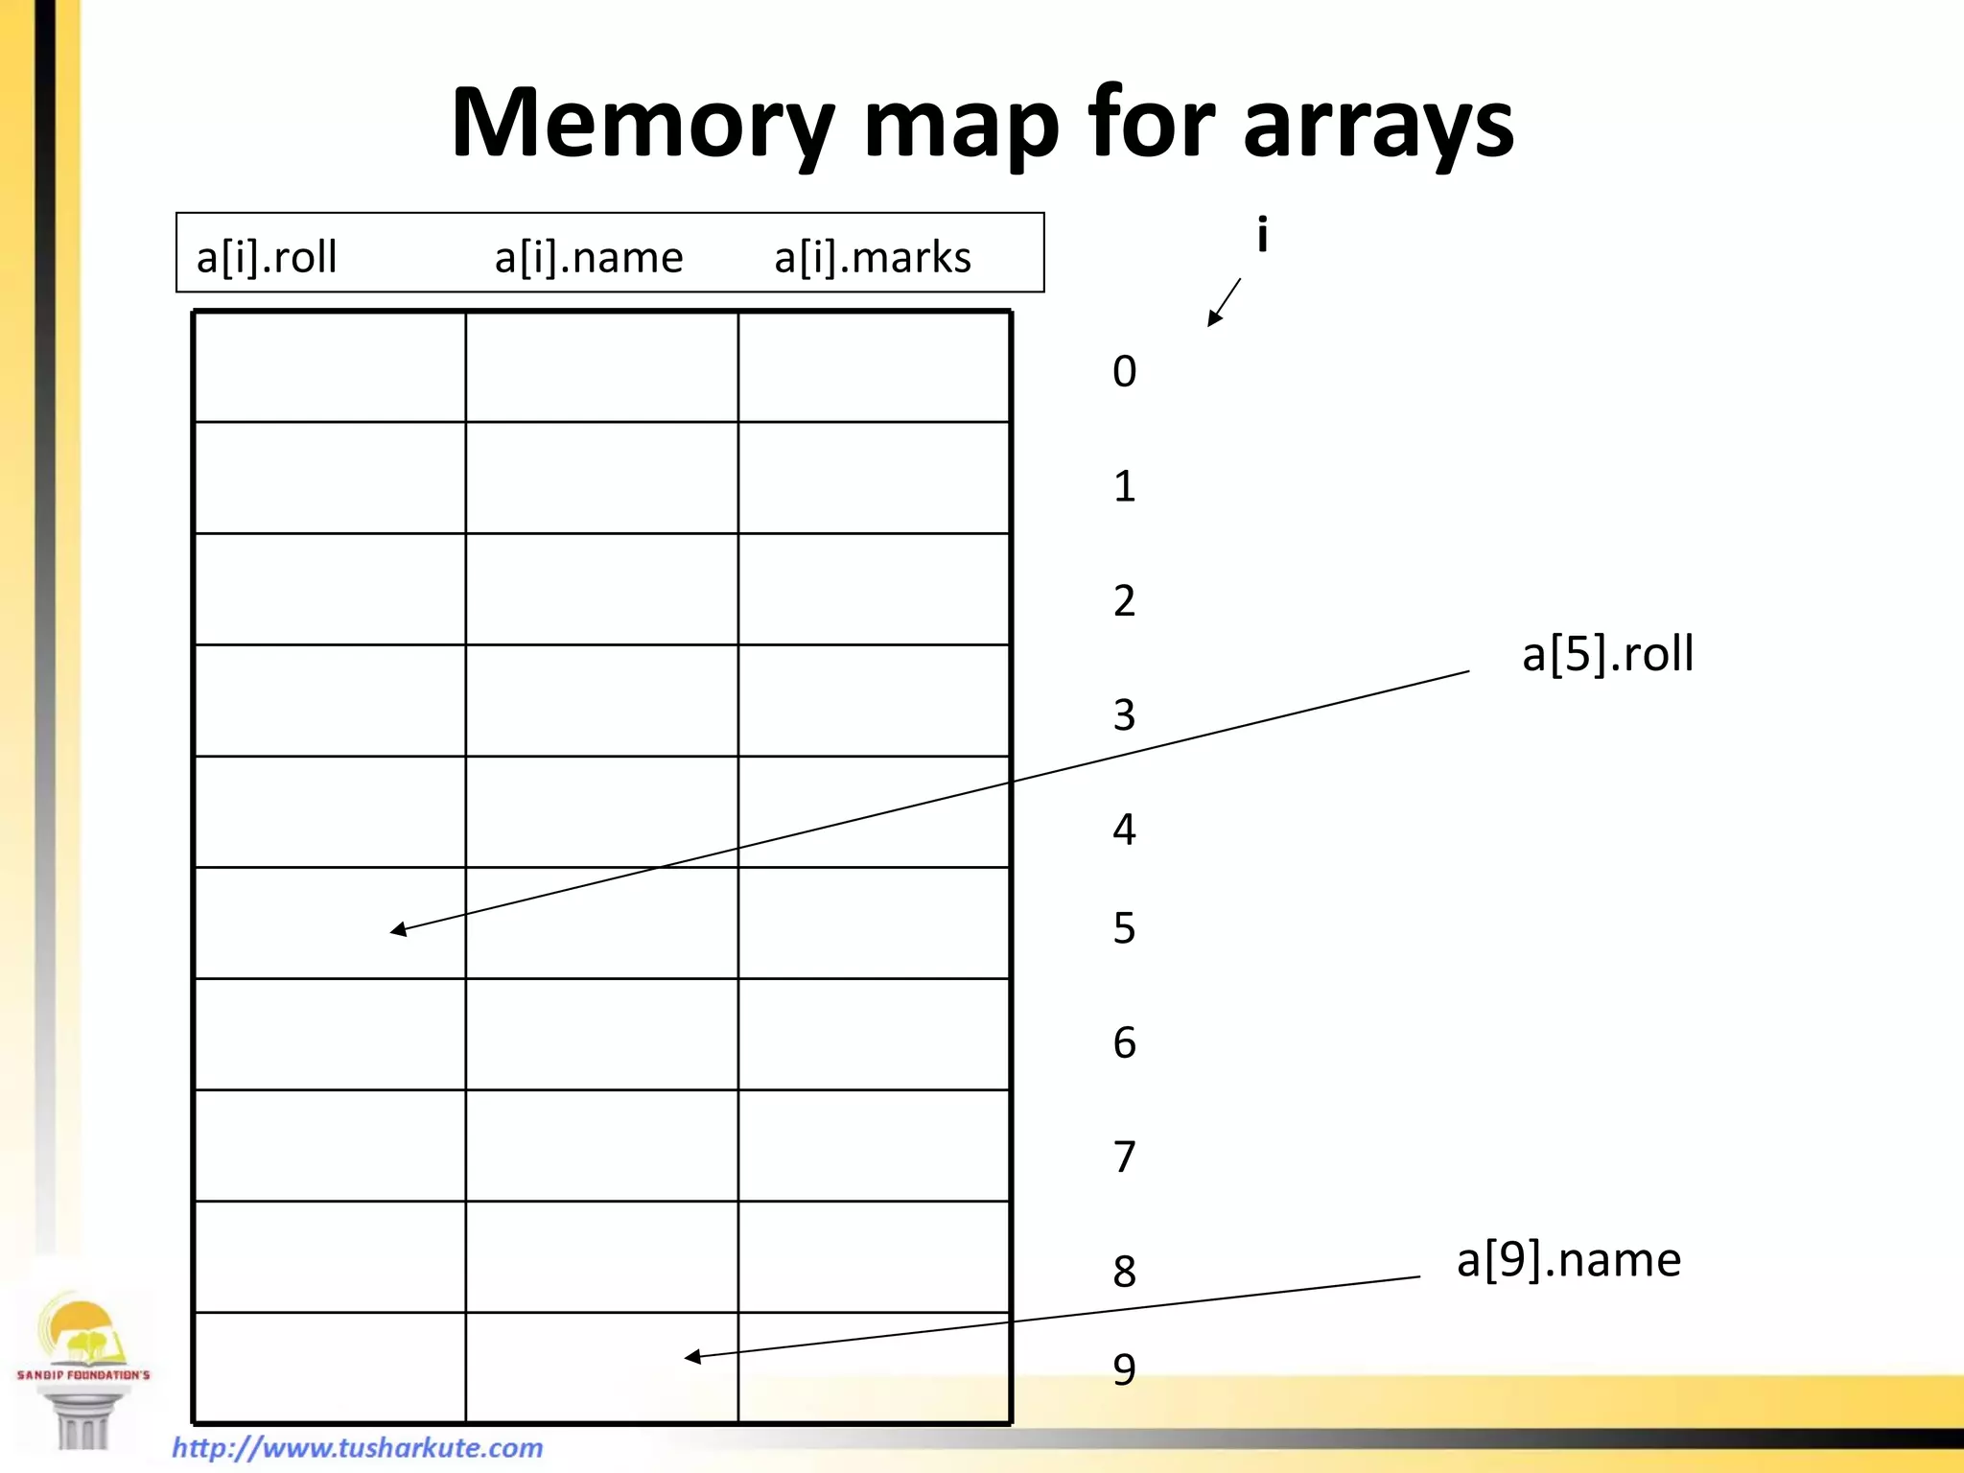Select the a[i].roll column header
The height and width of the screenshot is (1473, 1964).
267,257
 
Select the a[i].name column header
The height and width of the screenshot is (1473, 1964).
588,257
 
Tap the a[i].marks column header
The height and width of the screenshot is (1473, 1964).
873,257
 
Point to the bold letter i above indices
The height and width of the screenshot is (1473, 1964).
1262,234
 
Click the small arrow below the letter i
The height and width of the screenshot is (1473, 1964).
1224,303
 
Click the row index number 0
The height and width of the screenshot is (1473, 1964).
1124,372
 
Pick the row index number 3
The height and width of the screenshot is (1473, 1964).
1124,715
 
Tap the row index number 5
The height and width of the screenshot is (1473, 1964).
1124,928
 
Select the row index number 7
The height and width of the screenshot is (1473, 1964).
1124,1157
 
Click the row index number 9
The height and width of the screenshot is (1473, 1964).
1124,1369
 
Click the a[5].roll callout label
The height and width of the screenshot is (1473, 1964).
1607,654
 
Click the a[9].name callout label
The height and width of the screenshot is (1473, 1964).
1568,1259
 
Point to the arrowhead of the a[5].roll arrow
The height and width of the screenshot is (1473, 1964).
398,929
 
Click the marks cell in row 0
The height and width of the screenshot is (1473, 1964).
874,366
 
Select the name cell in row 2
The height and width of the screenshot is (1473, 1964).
601,589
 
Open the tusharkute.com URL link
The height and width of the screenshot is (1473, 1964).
357,1447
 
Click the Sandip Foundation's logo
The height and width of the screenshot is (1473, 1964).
82,1368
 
